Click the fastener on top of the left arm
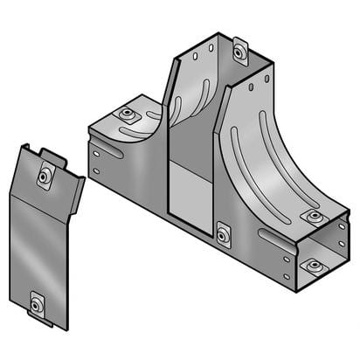pyautogui.click(x=128, y=114)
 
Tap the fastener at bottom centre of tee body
pyautogui.click(x=223, y=234)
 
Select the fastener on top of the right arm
pyautogui.click(x=312, y=216)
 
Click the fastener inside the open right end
pyautogui.click(x=312, y=265)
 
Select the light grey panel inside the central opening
pyautogui.click(x=190, y=194)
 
